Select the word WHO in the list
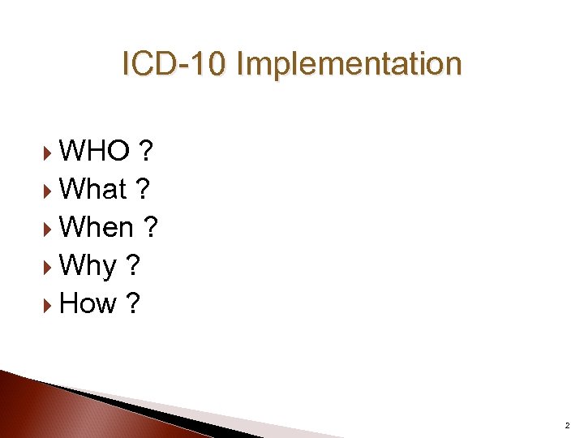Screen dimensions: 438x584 tap(94, 150)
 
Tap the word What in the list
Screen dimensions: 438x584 tap(93, 189)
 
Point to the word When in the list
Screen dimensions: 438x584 tap(97, 227)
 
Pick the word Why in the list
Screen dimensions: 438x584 tap(88, 265)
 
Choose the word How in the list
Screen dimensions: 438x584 tap(88, 303)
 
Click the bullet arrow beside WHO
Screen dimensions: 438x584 tap(48, 151)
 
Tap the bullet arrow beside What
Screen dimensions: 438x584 tap(48, 190)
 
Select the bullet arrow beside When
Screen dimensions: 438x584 tap(48, 228)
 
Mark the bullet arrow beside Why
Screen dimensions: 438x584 tap(48, 266)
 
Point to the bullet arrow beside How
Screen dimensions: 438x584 tap(48, 304)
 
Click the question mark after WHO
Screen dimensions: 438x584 tap(148, 150)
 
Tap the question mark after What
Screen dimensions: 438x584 tap(143, 189)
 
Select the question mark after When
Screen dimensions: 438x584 tap(150, 227)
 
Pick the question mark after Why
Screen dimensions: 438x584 tap(132, 265)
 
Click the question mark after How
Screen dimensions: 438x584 tap(133, 303)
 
